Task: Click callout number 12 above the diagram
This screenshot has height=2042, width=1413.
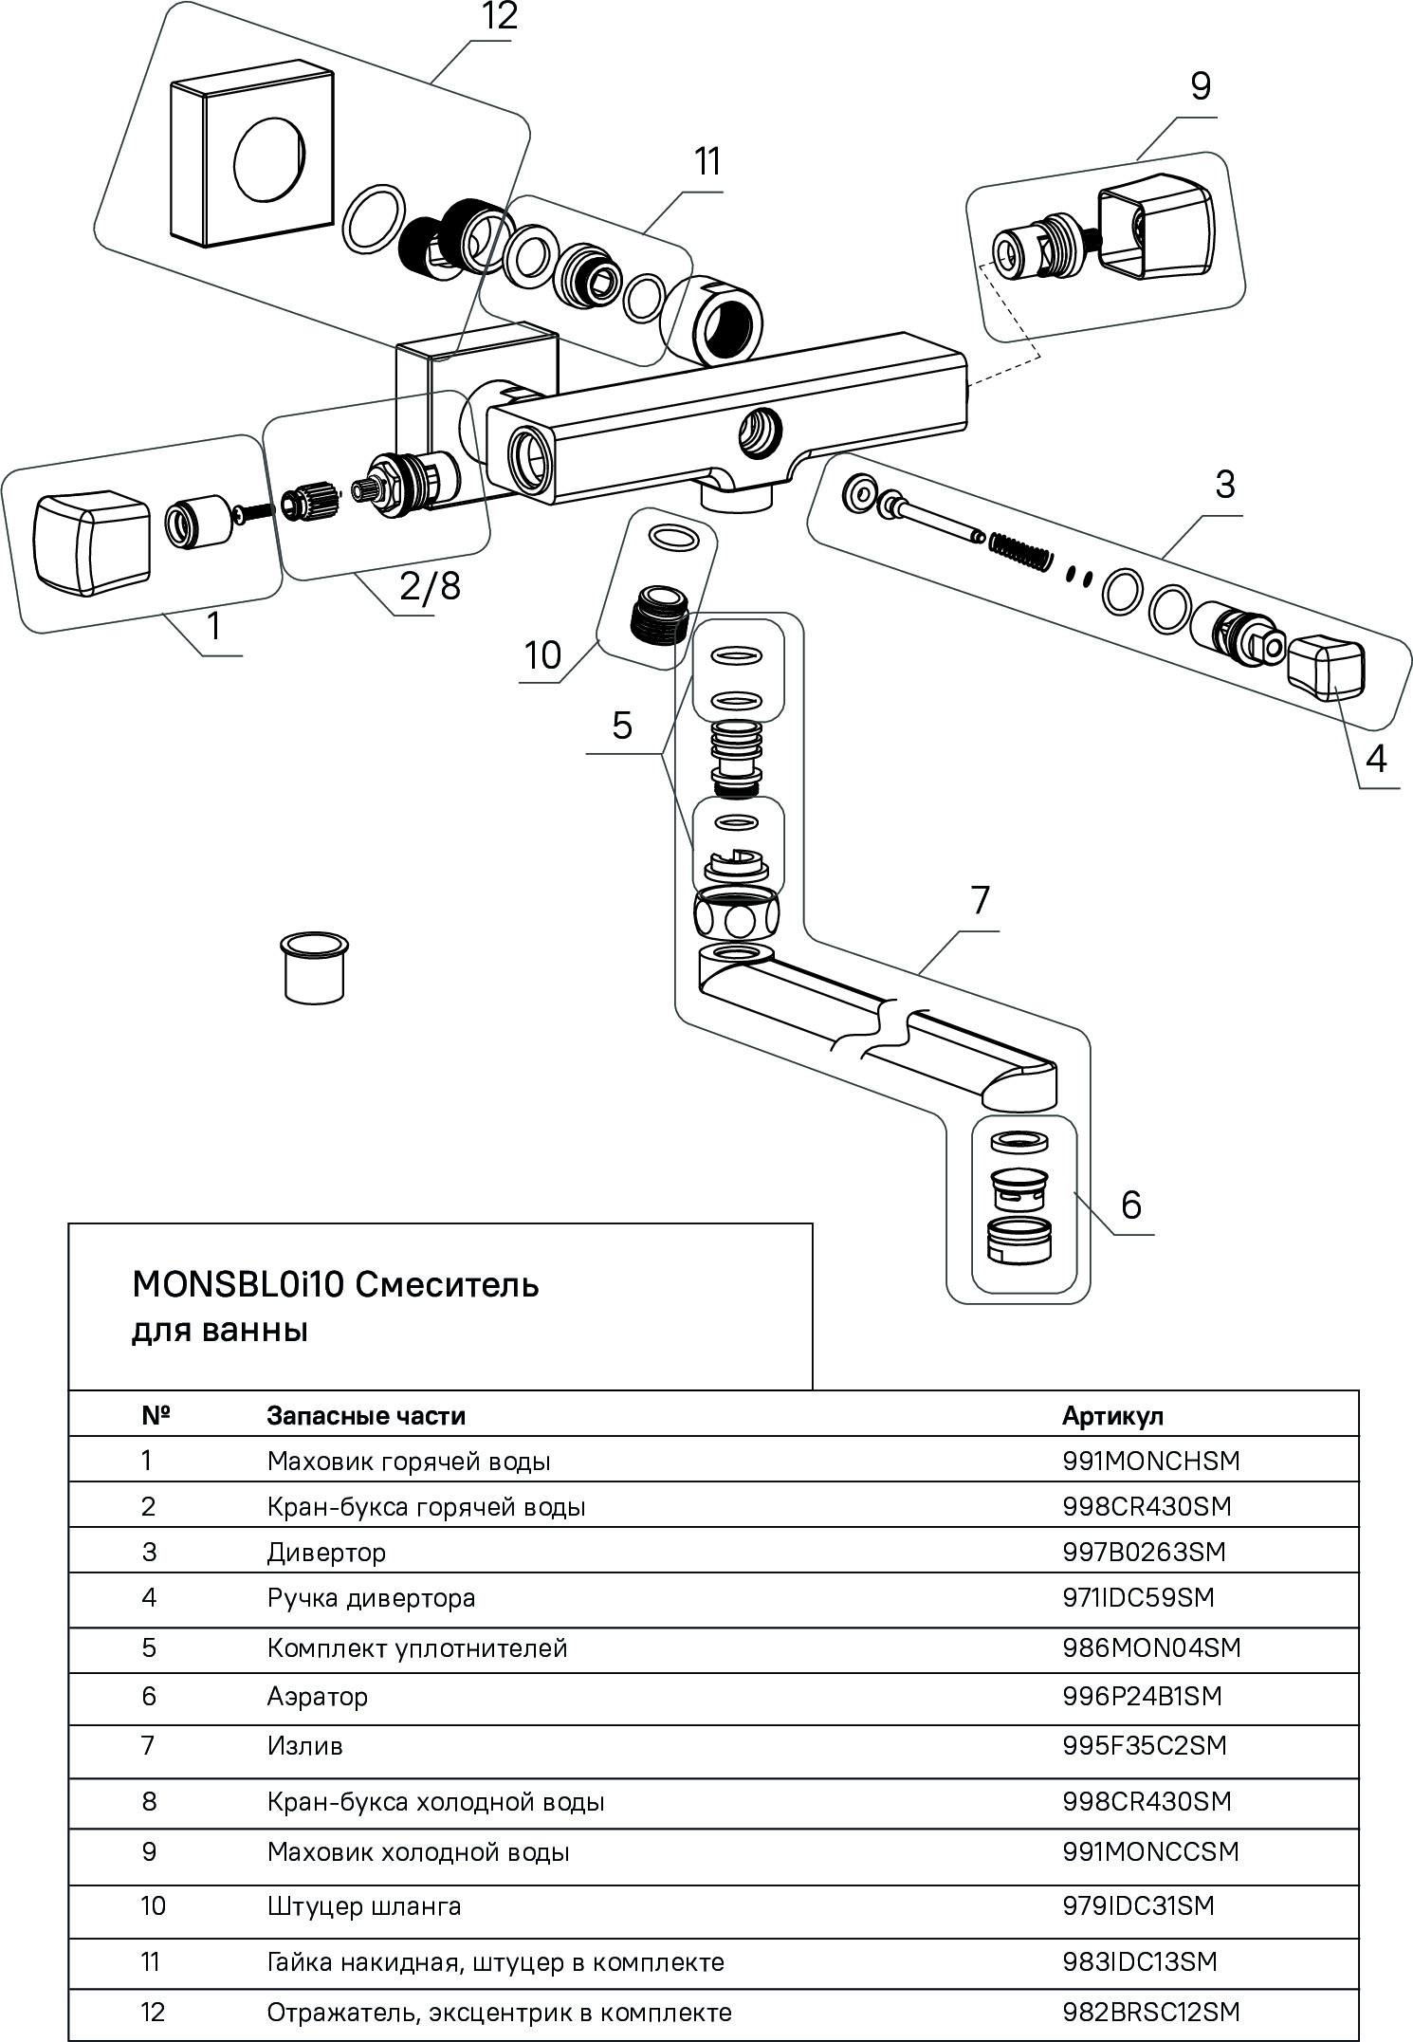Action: pyautogui.click(x=500, y=17)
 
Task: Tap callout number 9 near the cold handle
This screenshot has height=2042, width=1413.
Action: pyautogui.click(x=1200, y=86)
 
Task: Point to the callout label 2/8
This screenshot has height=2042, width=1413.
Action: pyautogui.click(x=430, y=586)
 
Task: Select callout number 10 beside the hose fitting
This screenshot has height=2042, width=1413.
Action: pyautogui.click(x=542, y=655)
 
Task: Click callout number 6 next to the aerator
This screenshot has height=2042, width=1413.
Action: pyautogui.click(x=1130, y=1205)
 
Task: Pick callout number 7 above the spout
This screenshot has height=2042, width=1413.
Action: pyautogui.click(x=980, y=899)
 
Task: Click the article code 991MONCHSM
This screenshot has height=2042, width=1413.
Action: pyautogui.click(x=1150, y=1461)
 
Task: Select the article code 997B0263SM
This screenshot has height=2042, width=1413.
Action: pyautogui.click(x=1144, y=1552)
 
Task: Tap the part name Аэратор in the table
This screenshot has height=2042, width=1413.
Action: pyautogui.click(x=317, y=1696)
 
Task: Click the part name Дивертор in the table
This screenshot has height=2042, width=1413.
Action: pyautogui.click(x=326, y=1552)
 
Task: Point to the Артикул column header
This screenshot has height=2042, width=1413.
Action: pyautogui.click(x=1112, y=1415)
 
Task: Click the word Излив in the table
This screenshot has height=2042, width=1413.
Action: pyautogui.click(x=304, y=1745)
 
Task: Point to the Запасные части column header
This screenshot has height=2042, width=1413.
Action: pyautogui.click(x=366, y=1415)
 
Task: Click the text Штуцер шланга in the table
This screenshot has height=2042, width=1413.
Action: pyautogui.click(x=364, y=1905)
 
